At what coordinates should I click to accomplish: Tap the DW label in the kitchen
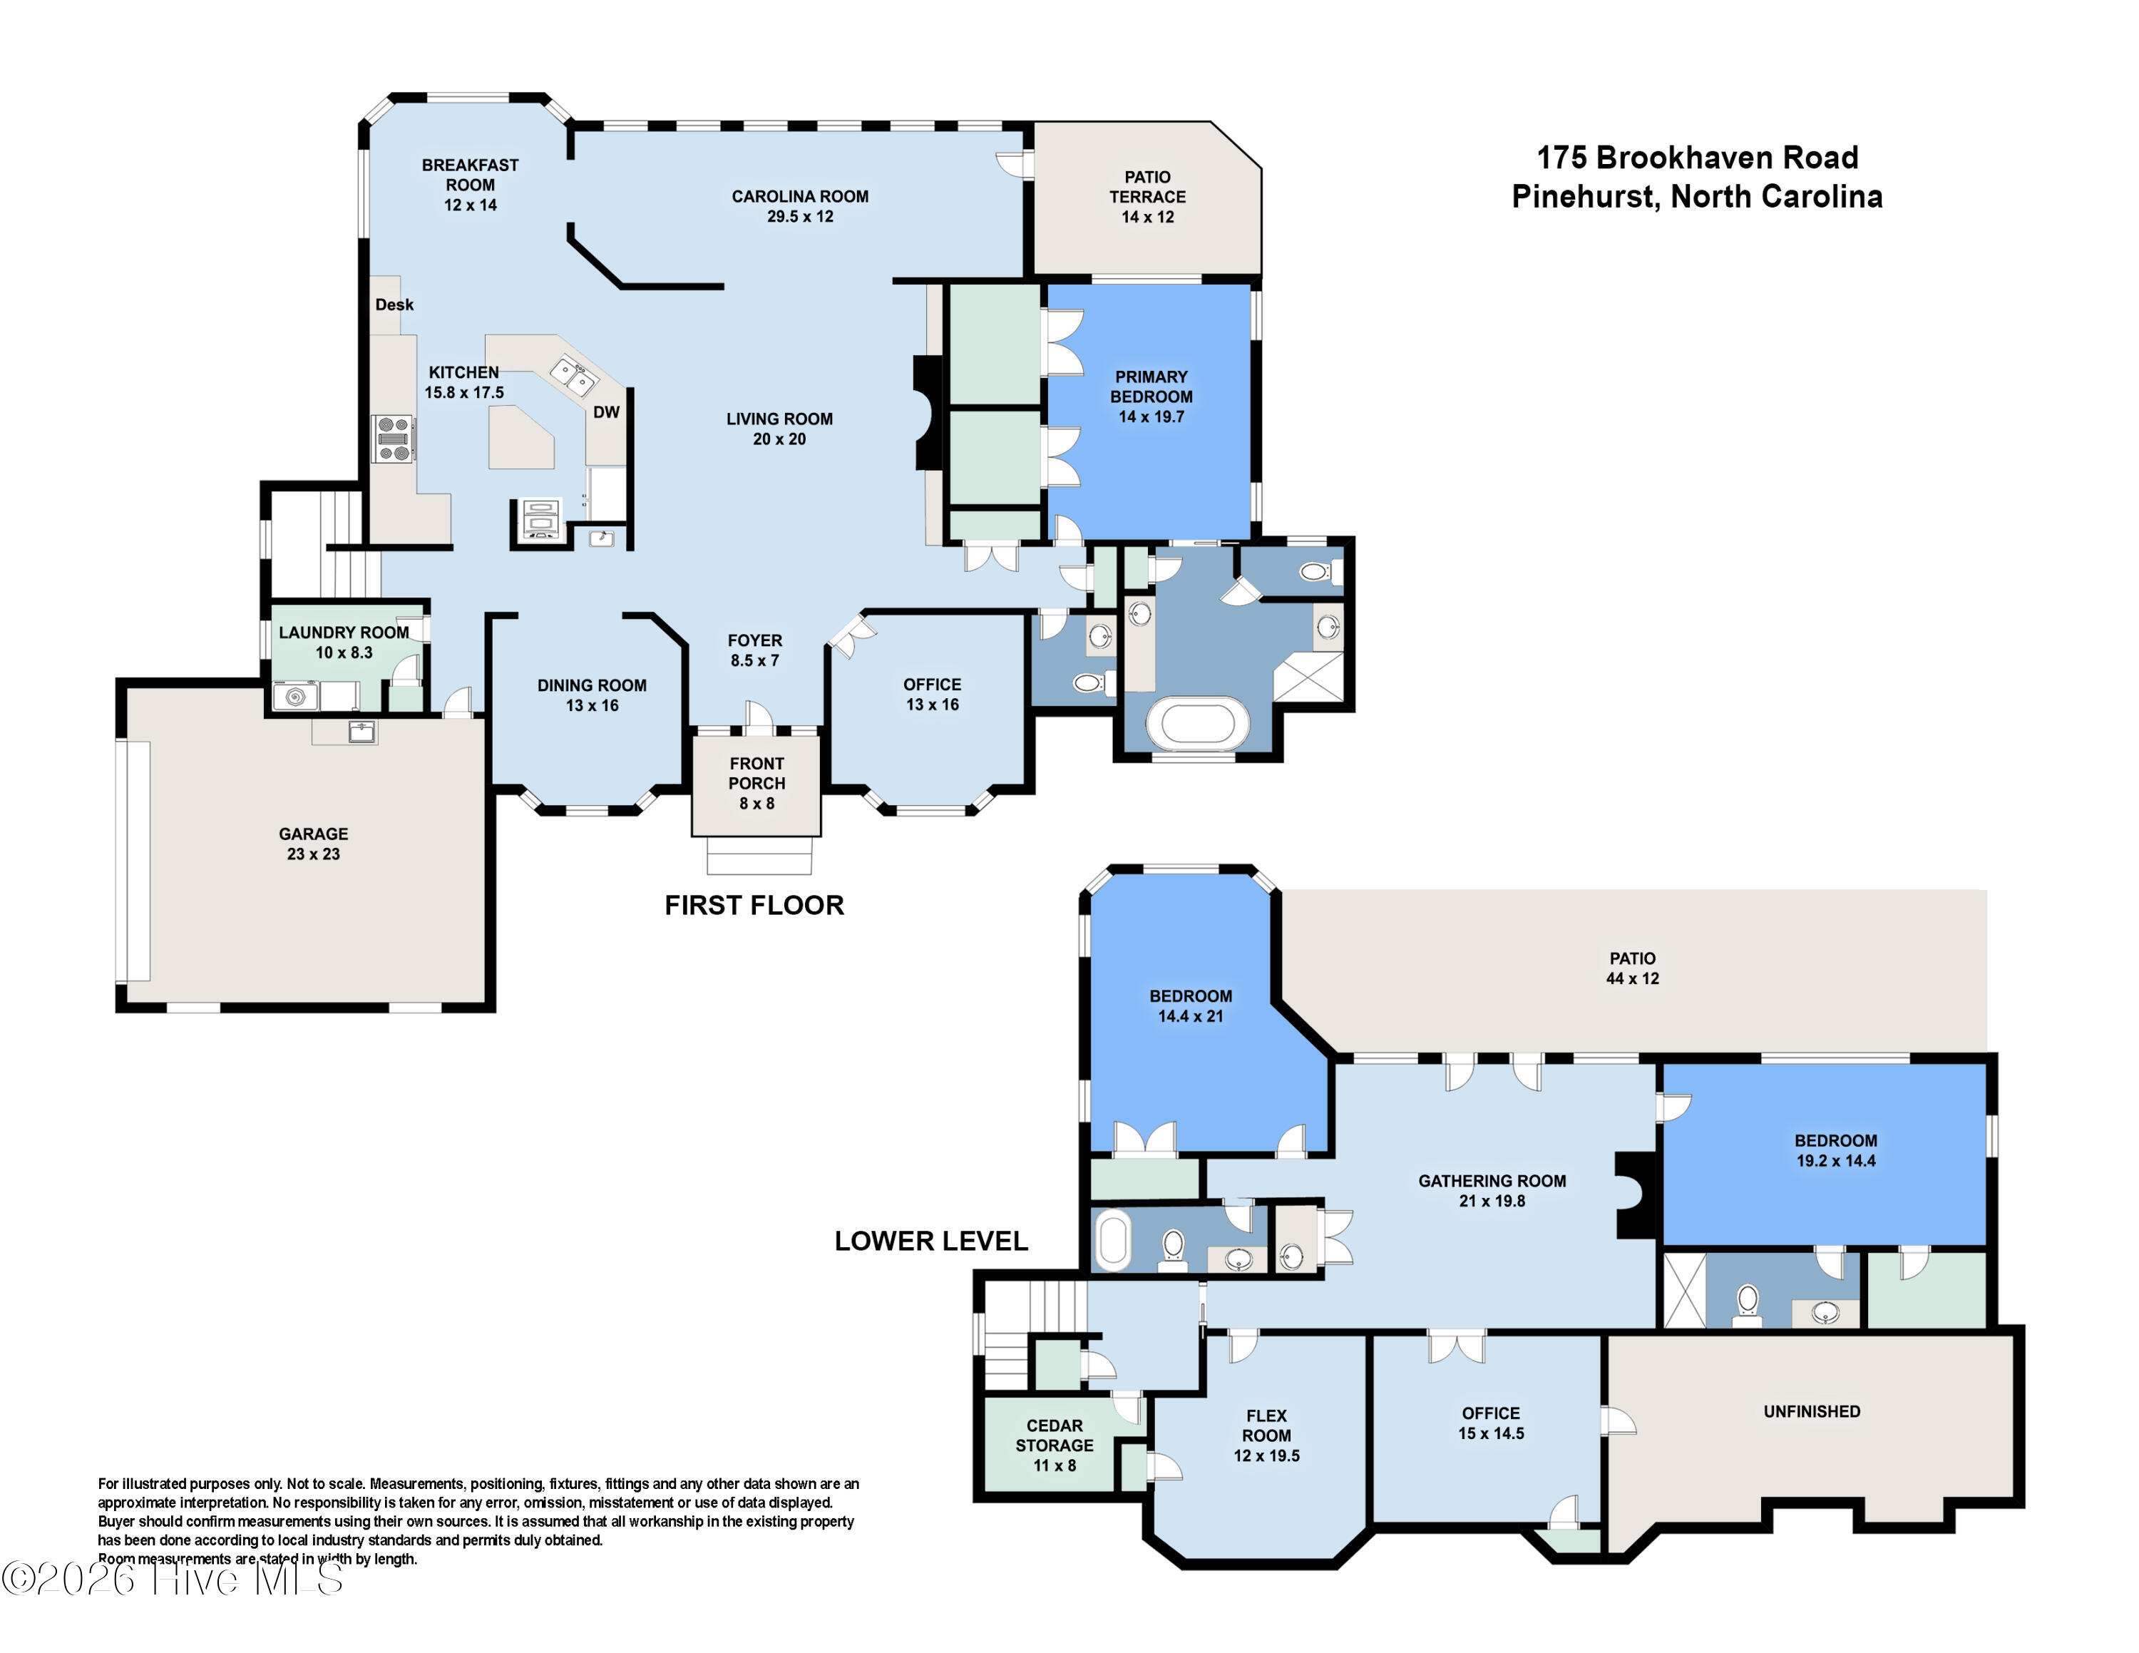coord(606,412)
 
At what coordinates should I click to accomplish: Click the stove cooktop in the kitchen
coord(394,439)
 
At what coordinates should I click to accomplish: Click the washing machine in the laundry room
coord(294,696)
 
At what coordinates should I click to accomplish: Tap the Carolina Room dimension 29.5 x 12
coord(800,216)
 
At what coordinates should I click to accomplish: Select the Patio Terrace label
coord(1147,187)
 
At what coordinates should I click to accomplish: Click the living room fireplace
coord(925,412)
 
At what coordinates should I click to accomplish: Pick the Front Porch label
coord(756,772)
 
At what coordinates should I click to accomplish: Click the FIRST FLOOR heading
coord(754,905)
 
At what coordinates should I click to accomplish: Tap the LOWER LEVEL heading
coord(930,1241)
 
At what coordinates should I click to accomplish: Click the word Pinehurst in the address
coord(1584,197)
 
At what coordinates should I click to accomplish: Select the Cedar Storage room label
coord(1054,1435)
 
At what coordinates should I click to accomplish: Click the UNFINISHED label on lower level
coord(1811,1411)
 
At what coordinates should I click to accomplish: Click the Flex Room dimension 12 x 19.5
coord(1266,1456)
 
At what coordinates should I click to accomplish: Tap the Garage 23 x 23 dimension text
coord(314,854)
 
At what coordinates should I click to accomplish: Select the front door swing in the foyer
coord(759,716)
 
